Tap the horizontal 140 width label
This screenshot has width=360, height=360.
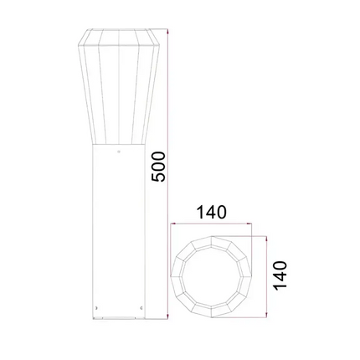(x=212, y=212)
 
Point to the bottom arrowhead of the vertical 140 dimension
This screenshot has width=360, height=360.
(x=266, y=317)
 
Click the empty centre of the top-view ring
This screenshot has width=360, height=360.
(x=212, y=277)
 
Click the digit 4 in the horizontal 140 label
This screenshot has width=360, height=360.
(x=212, y=212)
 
